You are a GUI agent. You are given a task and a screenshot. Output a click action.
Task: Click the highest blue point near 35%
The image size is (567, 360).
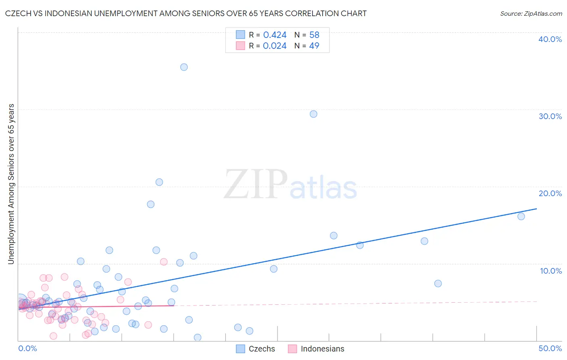(x=184, y=67)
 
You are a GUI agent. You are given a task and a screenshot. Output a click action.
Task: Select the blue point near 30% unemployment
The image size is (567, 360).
(x=313, y=114)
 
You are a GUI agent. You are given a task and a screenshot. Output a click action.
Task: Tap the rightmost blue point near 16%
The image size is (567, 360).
(x=521, y=216)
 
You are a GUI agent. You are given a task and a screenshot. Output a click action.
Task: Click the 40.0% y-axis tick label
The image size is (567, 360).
(x=550, y=39)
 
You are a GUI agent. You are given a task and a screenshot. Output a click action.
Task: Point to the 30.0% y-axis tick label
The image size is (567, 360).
(x=550, y=116)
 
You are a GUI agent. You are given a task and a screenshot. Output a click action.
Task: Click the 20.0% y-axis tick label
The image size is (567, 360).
(x=550, y=193)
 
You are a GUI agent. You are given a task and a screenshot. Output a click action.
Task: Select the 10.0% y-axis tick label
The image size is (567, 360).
(x=551, y=271)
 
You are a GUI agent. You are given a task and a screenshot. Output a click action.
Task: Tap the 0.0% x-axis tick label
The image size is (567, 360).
(x=28, y=348)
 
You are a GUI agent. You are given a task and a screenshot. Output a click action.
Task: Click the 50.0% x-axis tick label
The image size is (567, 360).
(x=550, y=348)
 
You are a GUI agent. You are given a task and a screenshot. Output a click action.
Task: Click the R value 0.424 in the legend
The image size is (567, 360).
(x=275, y=35)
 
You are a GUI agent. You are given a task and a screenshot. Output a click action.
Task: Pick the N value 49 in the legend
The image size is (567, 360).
(x=314, y=46)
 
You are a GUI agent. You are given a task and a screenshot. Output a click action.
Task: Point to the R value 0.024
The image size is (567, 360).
(x=275, y=46)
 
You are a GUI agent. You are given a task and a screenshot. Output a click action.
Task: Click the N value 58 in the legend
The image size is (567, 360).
(x=314, y=35)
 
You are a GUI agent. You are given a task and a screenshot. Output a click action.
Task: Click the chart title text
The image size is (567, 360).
(x=186, y=13)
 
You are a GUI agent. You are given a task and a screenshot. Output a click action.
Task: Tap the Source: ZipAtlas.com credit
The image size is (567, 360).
(x=531, y=14)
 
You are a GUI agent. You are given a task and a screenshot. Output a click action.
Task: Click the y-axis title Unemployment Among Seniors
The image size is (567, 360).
(x=11, y=184)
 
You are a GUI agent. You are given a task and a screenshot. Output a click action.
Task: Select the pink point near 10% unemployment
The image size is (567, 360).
(x=164, y=262)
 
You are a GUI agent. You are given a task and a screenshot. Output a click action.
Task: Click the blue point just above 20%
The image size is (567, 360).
(x=159, y=182)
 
